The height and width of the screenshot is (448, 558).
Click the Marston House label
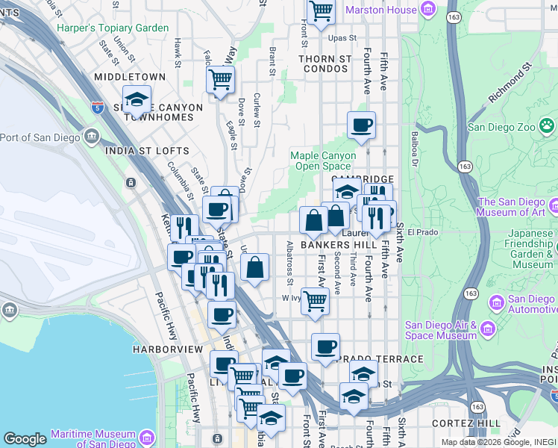(x=389, y=10)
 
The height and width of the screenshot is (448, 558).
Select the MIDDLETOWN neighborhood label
(x=130, y=77)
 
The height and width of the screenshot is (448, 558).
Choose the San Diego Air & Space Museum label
(x=440, y=330)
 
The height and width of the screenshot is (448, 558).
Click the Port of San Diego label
(x=43, y=137)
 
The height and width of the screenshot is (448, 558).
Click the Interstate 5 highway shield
(x=98, y=108)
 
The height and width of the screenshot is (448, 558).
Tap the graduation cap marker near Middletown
(x=137, y=99)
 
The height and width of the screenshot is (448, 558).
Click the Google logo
(x=25, y=439)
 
